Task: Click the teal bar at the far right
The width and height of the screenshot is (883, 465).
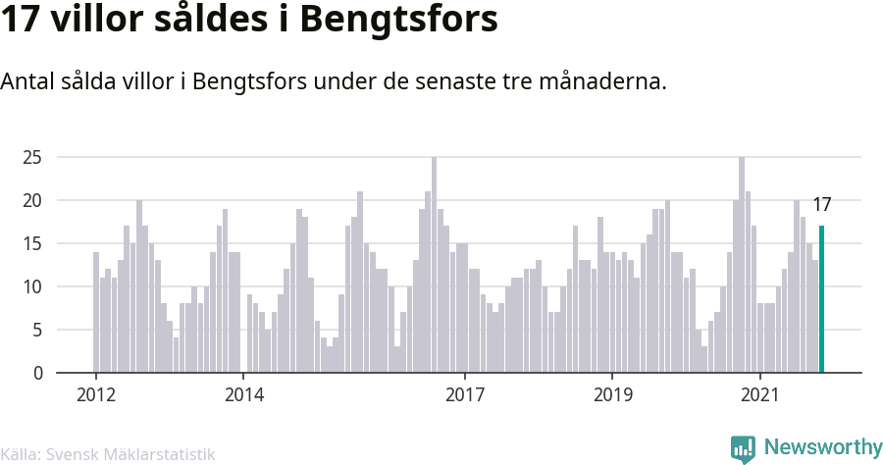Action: point(821,299)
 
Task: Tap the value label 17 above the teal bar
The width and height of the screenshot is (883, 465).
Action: point(821,205)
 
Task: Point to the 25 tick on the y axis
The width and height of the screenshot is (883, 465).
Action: point(32,157)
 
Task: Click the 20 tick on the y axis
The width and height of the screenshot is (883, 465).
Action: point(32,200)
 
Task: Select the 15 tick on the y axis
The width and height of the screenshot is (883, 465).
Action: point(32,243)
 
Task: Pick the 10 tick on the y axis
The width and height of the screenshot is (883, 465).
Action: point(32,286)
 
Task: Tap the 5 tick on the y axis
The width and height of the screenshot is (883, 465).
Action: point(37,330)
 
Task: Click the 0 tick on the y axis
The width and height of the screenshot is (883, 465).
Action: point(37,373)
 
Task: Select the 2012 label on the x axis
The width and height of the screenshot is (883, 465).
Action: point(96,394)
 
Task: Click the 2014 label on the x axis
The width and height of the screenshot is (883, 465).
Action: point(244,394)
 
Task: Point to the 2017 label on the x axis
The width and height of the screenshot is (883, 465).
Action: point(465,394)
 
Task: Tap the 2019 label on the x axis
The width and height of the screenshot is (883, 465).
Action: point(612,394)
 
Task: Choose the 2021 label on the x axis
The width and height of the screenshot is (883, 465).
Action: point(760,394)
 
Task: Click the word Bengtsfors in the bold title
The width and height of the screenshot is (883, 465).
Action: point(398,21)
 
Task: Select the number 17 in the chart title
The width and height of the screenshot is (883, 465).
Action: point(21,20)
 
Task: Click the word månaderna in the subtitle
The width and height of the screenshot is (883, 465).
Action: point(602,81)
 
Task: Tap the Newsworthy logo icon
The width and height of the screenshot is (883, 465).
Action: point(743,449)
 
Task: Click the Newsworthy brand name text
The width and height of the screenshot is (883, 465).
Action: point(823,447)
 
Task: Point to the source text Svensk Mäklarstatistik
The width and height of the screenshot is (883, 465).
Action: point(130,454)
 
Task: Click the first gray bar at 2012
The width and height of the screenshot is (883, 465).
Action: point(96,312)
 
